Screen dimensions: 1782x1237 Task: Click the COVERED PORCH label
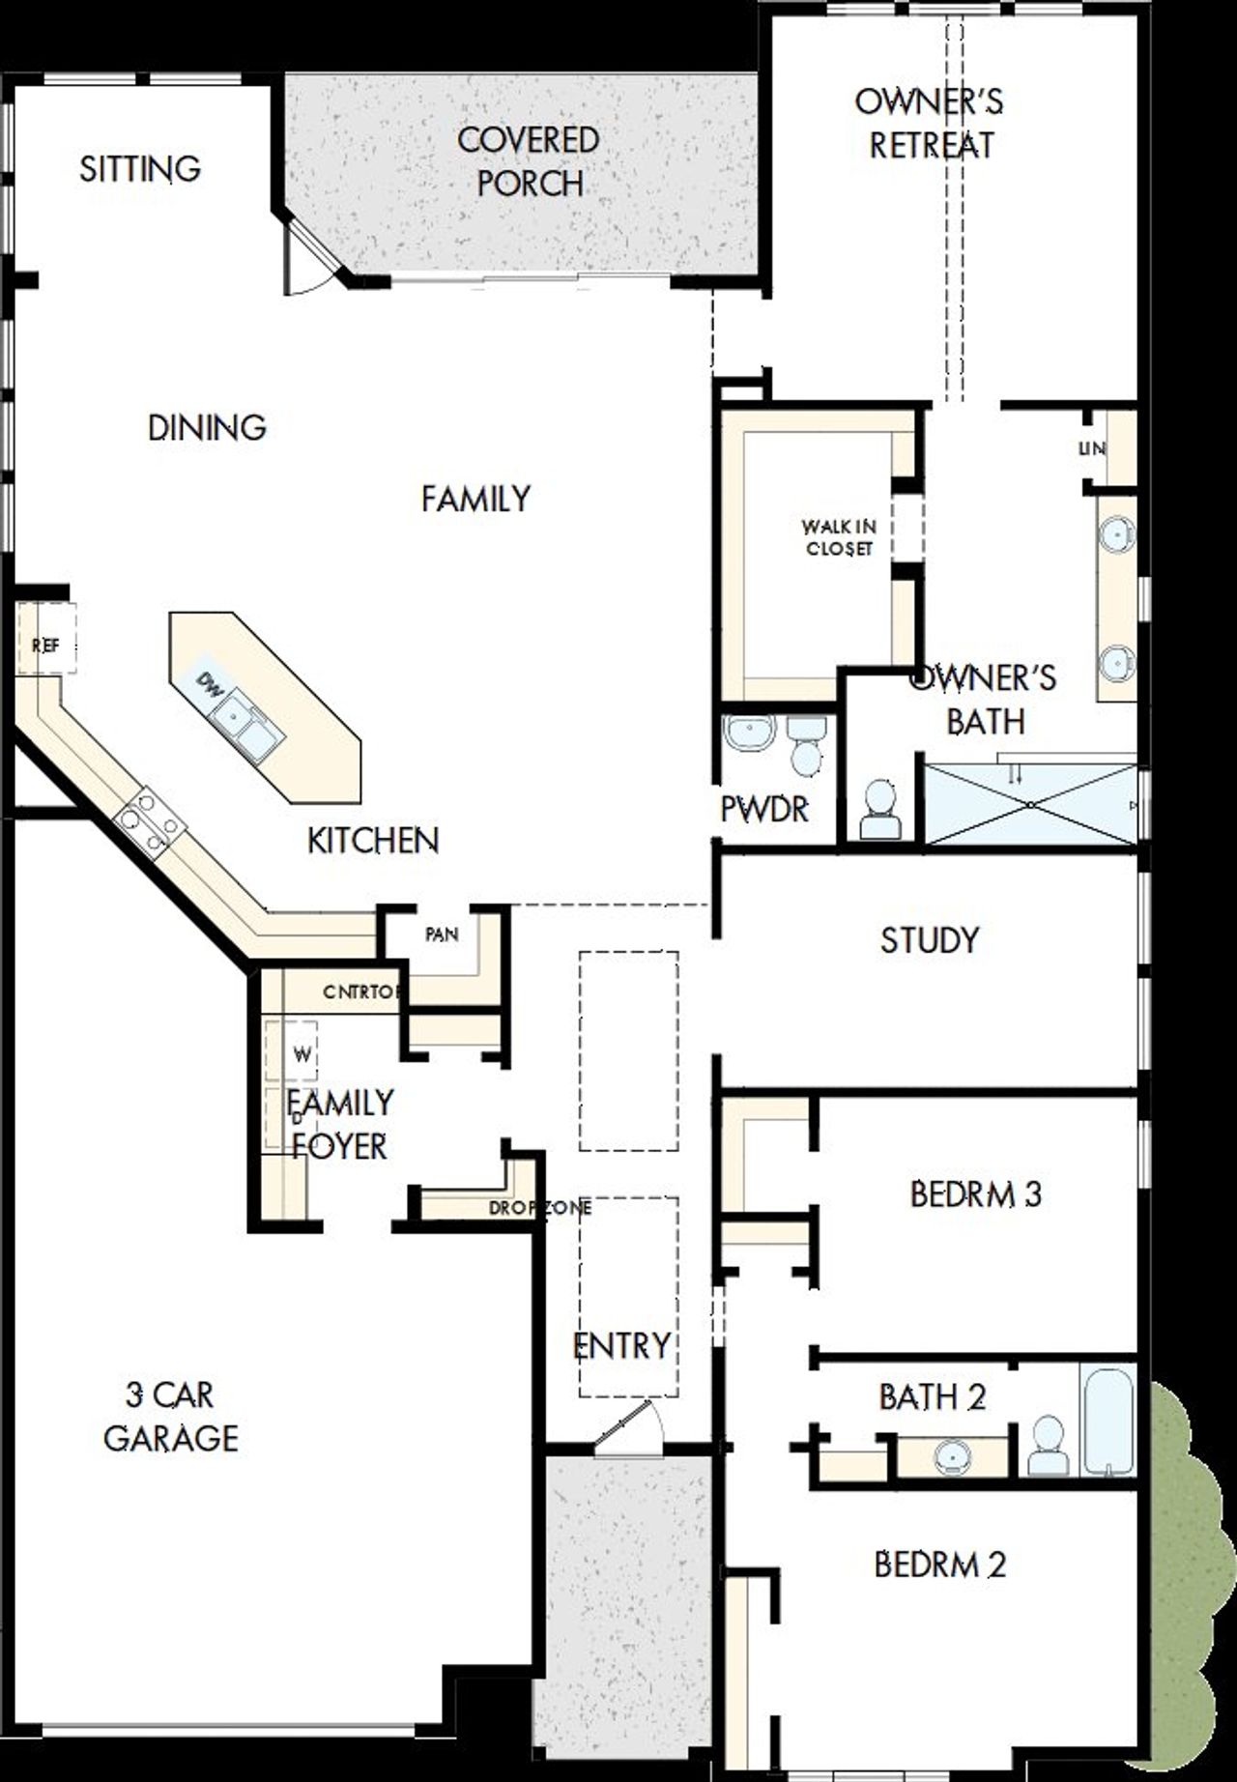coord(529,161)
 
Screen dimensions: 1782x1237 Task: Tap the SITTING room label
coord(140,169)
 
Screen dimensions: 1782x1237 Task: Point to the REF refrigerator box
coord(46,645)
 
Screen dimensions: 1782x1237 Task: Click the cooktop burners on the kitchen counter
coord(148,821)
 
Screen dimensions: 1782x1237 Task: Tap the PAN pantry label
coord(442,934)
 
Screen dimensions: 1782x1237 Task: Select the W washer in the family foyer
coord(302,1054)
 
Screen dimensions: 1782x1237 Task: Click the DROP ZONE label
coord(539,1208)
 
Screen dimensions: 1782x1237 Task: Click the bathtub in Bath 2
coord(1107,1420)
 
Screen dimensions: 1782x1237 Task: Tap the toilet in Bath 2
coord(1047,1445)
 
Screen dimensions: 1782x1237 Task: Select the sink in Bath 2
coord(954,1456)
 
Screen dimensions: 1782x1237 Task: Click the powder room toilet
coord(805,744)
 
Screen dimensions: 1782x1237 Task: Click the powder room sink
coord(749,733)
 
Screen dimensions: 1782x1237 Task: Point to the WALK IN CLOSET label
coord(838,537)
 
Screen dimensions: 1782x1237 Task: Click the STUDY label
coord(929,940)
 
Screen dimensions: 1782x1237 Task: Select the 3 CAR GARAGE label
coord(171,1416)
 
